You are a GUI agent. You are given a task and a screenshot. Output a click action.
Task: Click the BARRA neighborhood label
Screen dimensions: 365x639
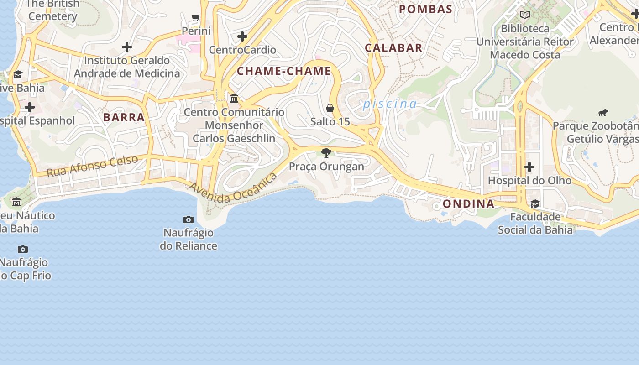point(124,117)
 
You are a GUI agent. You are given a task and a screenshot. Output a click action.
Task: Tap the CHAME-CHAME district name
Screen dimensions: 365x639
point(284,71)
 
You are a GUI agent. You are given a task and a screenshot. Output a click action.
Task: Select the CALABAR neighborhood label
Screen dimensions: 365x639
point(393,48)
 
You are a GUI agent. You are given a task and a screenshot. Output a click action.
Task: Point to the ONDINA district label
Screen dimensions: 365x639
point(469,204)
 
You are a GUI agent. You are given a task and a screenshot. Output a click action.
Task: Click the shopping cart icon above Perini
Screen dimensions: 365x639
point(196,18)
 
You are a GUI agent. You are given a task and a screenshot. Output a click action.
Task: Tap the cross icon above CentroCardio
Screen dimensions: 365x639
point(242,36)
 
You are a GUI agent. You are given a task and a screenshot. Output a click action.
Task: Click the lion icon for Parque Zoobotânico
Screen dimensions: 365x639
point(603,113)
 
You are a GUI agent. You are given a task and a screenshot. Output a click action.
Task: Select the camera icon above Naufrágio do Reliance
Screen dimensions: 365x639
point(188,219)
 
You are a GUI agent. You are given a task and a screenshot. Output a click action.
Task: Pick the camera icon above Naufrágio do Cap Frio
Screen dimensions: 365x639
point(23,249)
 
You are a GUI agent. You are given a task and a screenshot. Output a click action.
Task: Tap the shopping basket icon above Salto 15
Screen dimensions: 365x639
point(330,108)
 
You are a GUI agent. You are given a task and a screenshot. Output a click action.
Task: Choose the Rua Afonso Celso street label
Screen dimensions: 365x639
point(93,166)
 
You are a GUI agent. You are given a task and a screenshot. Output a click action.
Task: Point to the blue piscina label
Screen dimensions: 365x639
point(390,104)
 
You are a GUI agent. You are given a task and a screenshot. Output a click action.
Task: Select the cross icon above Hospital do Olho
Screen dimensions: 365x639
point(529,167)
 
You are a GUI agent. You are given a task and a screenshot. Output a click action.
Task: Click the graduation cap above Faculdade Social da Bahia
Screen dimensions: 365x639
point(535,203)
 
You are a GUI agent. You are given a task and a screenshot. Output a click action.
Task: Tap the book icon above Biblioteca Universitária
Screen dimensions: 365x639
point(525,15)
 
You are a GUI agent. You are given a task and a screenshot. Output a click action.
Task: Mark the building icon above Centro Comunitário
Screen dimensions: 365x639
point(234,98)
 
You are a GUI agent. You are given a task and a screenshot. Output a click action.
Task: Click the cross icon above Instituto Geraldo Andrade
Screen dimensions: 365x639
point(127,47)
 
